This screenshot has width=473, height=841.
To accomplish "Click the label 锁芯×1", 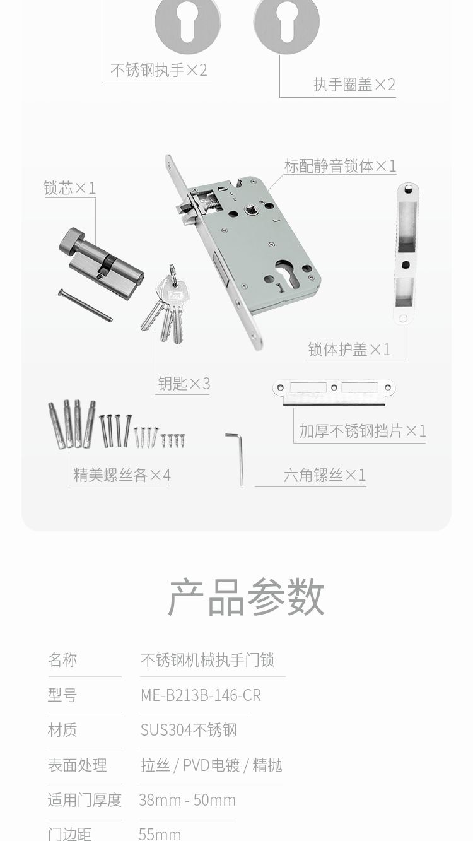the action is (x=70, y=188).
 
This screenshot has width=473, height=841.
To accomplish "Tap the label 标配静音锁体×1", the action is (x=340, y=165).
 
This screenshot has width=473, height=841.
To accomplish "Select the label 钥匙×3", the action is (x=184, y=384).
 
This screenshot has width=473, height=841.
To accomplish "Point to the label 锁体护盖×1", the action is (x=349, y=350).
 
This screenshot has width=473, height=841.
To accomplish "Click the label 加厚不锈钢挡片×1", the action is (x=363, y=431).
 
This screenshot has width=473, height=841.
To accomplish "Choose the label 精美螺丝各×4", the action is (x=122, y=475).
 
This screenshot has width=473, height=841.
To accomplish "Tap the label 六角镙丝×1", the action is (x=325, y=475).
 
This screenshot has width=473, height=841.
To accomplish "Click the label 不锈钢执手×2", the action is (x=159, y=70).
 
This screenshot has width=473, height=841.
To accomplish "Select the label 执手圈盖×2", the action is (x=354, y=85).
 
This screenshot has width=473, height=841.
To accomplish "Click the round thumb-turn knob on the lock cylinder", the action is (x=70, y=240).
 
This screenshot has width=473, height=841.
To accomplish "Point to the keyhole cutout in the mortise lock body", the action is (x=284, y=273).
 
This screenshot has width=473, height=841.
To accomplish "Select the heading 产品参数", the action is (x=246, y=597).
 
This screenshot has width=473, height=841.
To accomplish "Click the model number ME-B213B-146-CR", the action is (x=201, y=695).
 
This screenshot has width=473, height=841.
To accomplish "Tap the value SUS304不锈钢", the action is (x=189, y=730).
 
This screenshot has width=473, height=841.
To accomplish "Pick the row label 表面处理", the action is (x=78, y=765).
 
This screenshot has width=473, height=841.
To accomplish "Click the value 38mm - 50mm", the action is (x=187, y=800).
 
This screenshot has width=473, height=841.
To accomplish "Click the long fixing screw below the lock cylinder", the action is (x=85, y=305).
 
